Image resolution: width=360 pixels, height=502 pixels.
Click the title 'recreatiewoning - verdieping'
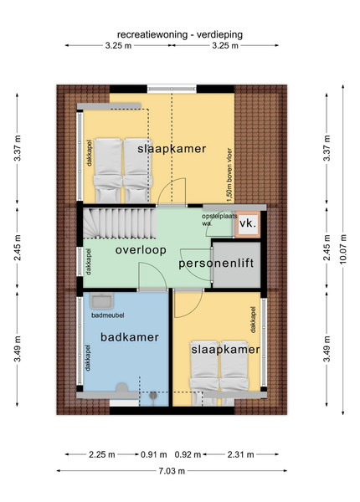(x=180, y=34)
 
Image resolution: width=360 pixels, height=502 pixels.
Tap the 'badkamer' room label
(x=130, y=337)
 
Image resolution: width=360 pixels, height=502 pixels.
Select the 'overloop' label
(x=141, y=249)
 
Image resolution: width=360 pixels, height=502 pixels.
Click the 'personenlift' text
(x=216, y=264)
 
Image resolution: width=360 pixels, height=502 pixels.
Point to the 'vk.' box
(x=248, y=223)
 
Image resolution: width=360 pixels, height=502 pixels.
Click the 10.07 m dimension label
(x=343, y=249)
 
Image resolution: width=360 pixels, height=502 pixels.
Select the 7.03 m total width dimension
(x=172, y=470)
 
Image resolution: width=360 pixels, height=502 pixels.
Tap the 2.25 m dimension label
(x=102, y=454)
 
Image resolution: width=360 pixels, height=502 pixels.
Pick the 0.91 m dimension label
(x=154, y=454)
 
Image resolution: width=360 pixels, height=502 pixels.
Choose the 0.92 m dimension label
(x=188, y=454)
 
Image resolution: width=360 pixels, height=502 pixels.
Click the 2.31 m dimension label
(x=240, y=454)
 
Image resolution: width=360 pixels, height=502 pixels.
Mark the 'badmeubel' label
(x=108, y=315)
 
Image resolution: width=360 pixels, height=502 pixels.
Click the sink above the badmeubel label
(x=101, y=300)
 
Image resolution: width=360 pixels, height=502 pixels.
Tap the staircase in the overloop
(x=120, y=223)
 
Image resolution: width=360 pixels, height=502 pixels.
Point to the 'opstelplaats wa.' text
(x=219, y=219)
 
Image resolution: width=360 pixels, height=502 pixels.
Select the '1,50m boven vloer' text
(x=229, y=175)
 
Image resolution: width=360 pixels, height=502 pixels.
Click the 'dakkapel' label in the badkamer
(x=88, y=357)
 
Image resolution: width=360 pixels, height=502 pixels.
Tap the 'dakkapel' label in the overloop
(x=89, y=262)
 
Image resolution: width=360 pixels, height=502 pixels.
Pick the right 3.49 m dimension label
(x=327, y=349)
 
